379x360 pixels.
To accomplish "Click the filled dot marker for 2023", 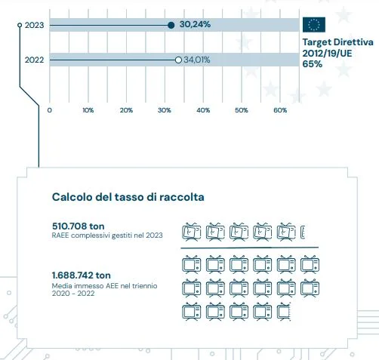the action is pos(171,25).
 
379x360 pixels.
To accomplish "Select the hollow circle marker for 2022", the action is pos(178,60).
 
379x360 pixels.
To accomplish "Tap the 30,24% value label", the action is pos(195,24).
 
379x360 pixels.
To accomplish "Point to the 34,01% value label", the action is pos(197,60).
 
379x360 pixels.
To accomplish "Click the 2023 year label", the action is pos(34,25).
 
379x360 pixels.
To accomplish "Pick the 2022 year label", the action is pos(34,60).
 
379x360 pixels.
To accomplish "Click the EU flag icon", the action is pos(314,24).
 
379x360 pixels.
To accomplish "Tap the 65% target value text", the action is pos(313,64).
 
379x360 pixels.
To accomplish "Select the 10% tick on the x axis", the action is pos(88,110).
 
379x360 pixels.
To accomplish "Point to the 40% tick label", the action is pos(203,110).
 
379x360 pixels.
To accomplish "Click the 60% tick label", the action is pos(280,110).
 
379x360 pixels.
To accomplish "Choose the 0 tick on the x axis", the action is pos(50,110).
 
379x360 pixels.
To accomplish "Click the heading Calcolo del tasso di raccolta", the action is pos(128,197).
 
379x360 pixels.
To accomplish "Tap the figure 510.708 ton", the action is pos(78,226).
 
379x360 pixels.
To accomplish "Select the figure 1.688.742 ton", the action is pos(81,275).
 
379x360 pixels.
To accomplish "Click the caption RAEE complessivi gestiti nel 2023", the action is pos(107,235).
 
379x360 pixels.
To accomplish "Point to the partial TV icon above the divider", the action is pos(303,232).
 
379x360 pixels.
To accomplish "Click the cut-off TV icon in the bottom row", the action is pos(284,312).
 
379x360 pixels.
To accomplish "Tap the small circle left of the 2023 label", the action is pos(20,25).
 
